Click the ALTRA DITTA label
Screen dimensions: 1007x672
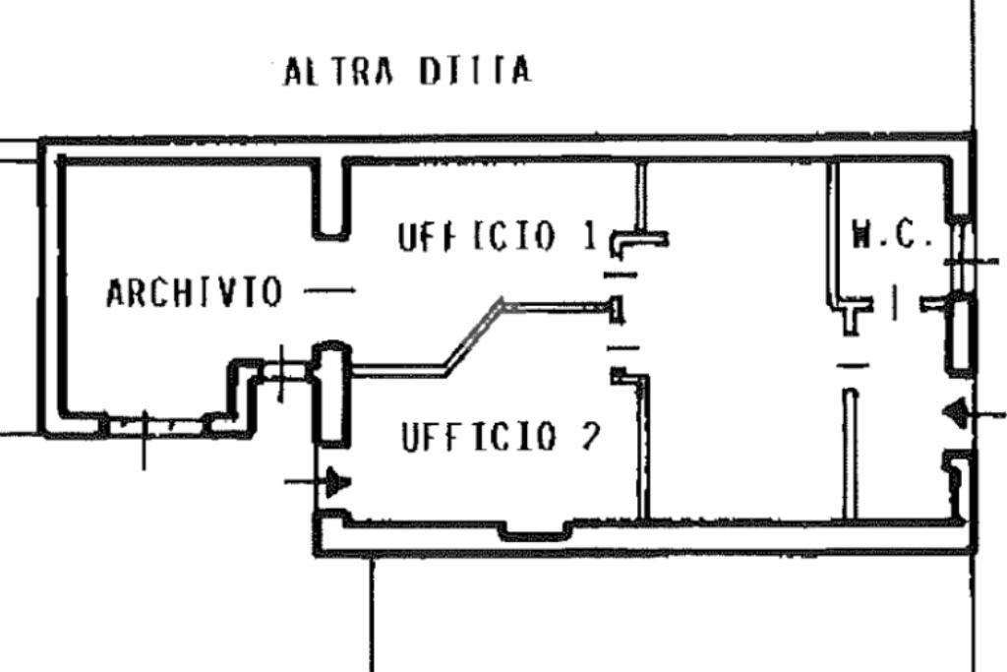pos(408,71)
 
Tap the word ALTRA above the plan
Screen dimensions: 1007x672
pos(338,71)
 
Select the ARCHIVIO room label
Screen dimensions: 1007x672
pos(194,292)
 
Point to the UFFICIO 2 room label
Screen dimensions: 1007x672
pos(501,437)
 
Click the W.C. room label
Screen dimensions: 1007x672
pos(891,234)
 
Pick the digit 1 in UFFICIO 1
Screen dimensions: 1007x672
pos(591,236)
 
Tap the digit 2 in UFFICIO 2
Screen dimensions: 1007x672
pos(590,437)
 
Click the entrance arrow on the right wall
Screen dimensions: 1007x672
pos(973,413)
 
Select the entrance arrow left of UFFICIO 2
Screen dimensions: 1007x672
pos(318,482)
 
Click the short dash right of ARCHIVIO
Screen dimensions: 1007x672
pos(329,290)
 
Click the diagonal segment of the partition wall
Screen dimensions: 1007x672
pos(474,336)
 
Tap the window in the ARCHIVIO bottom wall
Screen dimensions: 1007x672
pos(157,425)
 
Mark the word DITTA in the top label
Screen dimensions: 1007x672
pos(475,71)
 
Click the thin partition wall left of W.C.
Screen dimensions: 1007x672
pos(833,234)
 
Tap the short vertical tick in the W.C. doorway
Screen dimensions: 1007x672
pos(895,303)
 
